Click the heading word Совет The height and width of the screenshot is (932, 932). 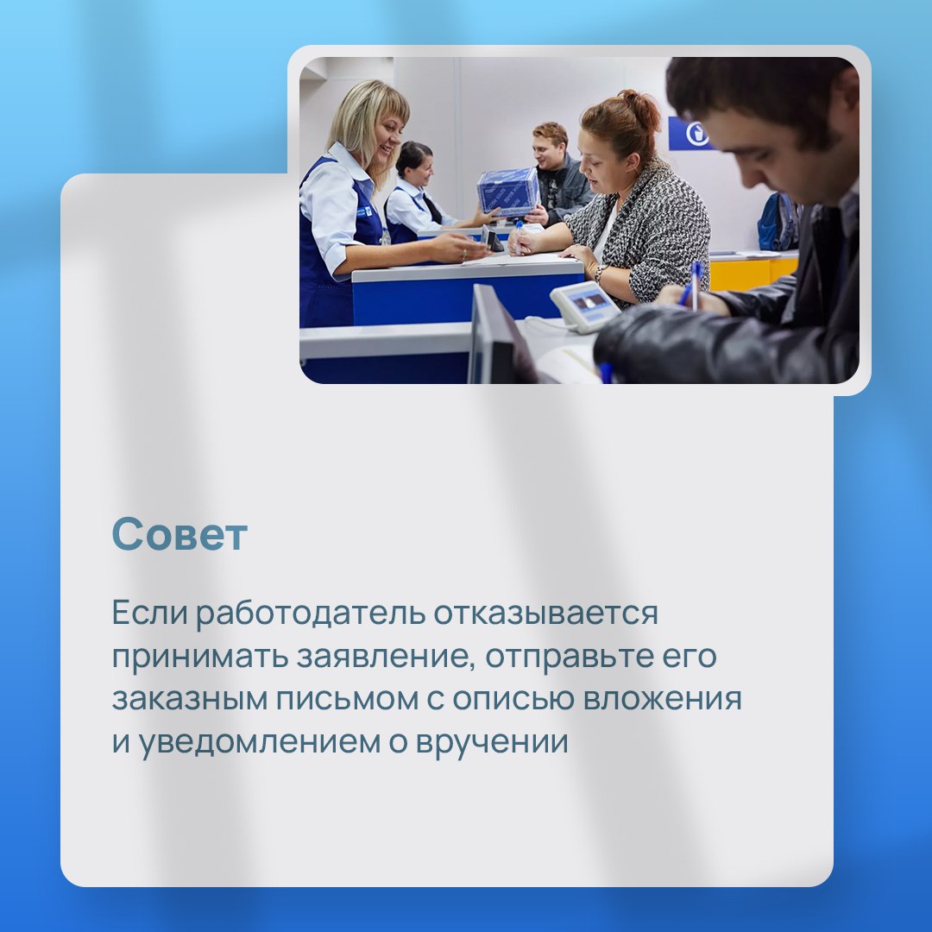(x=179, y=534)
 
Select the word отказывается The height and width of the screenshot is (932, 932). (x=545, y=613)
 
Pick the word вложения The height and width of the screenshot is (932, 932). (x=662, y=699)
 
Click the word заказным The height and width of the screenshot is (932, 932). (x=190, y=699)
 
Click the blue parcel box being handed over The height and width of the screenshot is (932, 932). (x=508, y=192)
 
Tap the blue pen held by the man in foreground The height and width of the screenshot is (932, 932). (x=693, y=286)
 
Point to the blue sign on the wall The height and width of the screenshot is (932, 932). (x=690, y=134)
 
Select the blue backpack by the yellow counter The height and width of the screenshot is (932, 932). (x=778, y=222)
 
